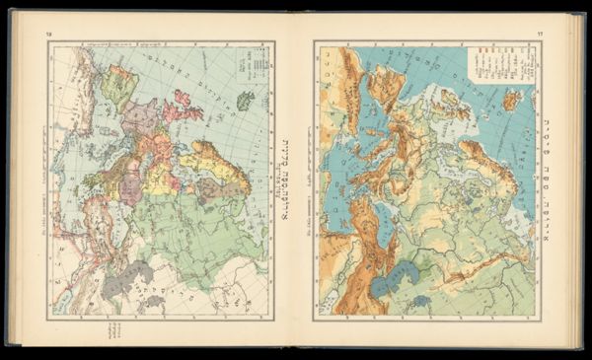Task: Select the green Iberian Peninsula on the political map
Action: click(x=119, y=82)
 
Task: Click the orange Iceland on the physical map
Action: click(x=512, y=99)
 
